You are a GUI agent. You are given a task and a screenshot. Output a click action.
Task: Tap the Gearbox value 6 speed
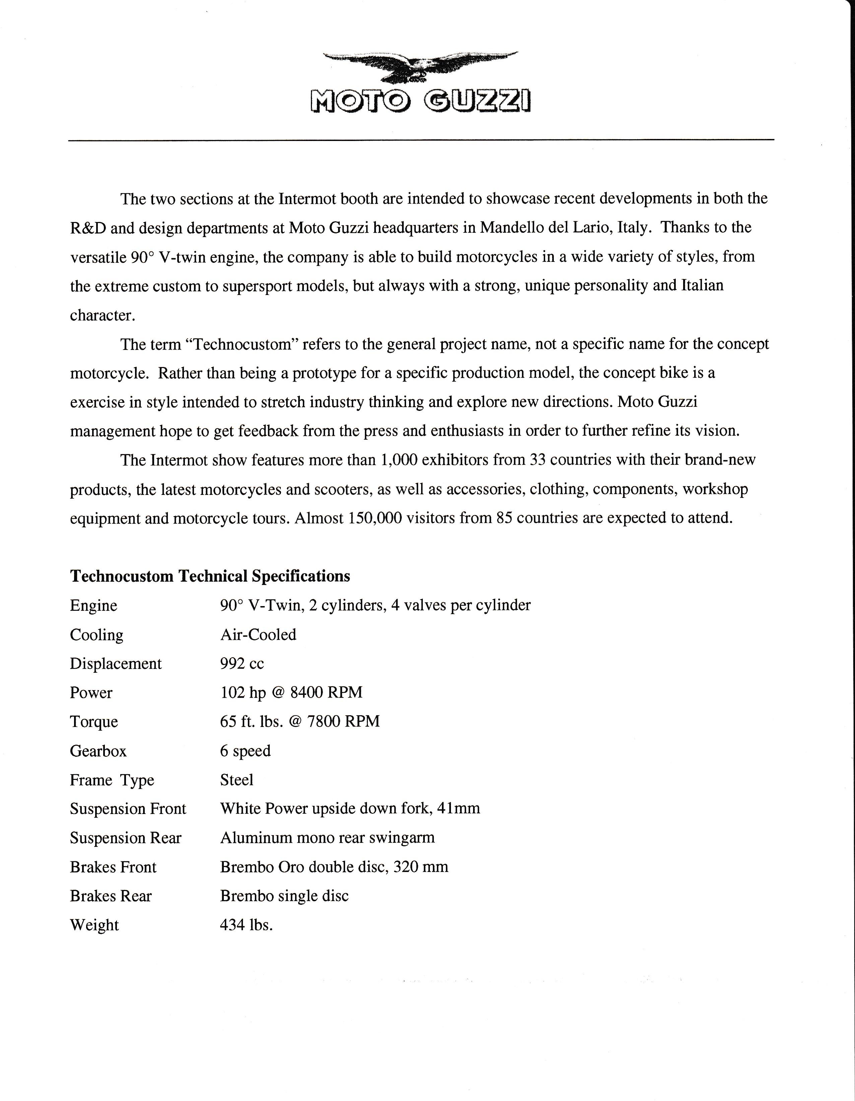coord(245,751)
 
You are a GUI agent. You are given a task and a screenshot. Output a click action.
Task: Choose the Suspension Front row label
coord(128,809)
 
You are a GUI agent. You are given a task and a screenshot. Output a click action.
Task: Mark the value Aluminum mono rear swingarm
coord(327,838)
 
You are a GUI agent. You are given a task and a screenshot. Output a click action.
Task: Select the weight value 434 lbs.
coord(246,926)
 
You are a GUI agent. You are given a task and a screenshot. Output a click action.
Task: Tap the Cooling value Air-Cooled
coord(258,635)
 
